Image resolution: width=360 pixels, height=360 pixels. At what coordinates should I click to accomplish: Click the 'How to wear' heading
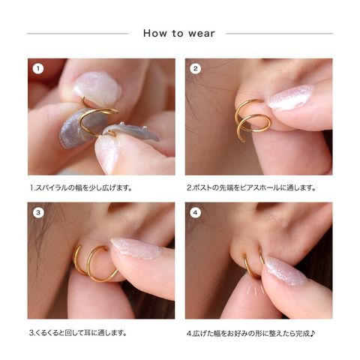tap(179, 33)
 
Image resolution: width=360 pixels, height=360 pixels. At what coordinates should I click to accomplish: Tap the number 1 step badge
tap(38, 69)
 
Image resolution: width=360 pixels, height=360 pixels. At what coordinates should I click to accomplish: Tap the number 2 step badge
tap(196, 69)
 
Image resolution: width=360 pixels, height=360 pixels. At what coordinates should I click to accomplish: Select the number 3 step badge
tap(38, 213)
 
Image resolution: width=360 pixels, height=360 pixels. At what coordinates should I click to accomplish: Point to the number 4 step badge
tap(196, 213)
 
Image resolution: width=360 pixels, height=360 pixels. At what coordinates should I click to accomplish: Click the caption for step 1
tap(81, 187)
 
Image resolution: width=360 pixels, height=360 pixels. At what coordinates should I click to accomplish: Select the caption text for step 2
tap(251, 187)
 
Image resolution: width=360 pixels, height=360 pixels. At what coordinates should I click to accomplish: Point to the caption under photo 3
tap(78, 333)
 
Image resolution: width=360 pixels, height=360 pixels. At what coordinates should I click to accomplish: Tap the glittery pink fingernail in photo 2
tap(289, 97)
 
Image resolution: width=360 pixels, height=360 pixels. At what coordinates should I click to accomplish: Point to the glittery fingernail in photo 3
tap(136, 247)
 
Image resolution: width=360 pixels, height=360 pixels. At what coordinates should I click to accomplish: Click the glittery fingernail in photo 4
tap(285, 271)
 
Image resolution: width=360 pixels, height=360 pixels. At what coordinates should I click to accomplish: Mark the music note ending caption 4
tap(313, 333)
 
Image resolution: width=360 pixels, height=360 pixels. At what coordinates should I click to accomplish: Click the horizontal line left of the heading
tap(78, 33)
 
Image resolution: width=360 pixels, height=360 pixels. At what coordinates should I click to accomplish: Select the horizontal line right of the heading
tap(279, 33)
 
